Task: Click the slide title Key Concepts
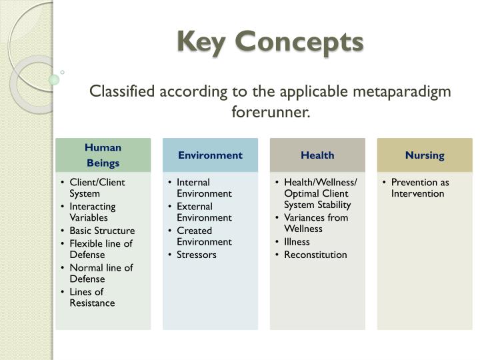pos(270,41)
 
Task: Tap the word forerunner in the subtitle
pos(271,111)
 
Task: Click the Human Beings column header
pos(103,155)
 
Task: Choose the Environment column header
pos(210,155)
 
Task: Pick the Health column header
pos(317,155)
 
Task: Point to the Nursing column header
pos(425,155)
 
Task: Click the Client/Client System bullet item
pos(97,187)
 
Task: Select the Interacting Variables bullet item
pos(93,211)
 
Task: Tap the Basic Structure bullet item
pos(101,231)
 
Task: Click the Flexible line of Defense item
pos(101,249)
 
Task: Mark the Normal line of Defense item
pos(101,273)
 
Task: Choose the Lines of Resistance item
pos(92,297)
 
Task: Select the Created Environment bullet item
pos(204,236)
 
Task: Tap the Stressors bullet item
pos(196,255)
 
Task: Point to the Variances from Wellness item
pos(315,223)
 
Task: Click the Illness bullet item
pos(297,241)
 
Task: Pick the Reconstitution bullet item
pos(315,255)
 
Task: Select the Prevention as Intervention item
pos(420,187)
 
